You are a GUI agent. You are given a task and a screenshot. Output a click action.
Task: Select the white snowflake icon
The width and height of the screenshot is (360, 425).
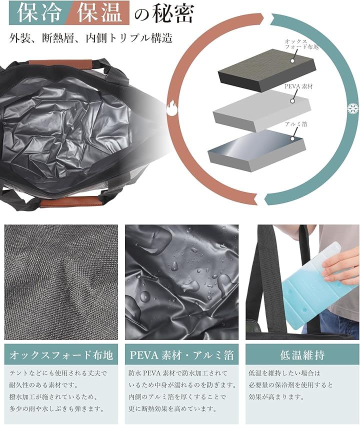tap(353, 108)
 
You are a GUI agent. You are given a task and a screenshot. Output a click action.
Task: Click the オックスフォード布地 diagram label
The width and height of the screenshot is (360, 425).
tap(301, 44)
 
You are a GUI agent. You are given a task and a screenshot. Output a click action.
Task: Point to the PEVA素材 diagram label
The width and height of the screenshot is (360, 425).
tap(298, 86)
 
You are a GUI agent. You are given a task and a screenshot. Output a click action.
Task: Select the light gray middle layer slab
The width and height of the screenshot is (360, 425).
tap(261, 110)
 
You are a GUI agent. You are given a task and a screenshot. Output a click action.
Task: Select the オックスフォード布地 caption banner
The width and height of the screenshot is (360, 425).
tap(61, 354)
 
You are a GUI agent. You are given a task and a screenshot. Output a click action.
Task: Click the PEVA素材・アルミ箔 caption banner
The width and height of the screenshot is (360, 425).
tap(181, 354)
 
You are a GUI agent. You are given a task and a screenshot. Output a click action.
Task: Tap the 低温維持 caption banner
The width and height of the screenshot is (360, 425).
tap(302, 354)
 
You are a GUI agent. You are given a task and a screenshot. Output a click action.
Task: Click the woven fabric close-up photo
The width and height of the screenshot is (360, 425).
tap(61, 282)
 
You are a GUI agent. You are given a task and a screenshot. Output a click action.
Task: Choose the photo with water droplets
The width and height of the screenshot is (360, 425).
tap(181, 282)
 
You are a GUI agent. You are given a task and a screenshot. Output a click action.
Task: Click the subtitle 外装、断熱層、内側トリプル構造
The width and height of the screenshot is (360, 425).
tap(91, 38)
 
